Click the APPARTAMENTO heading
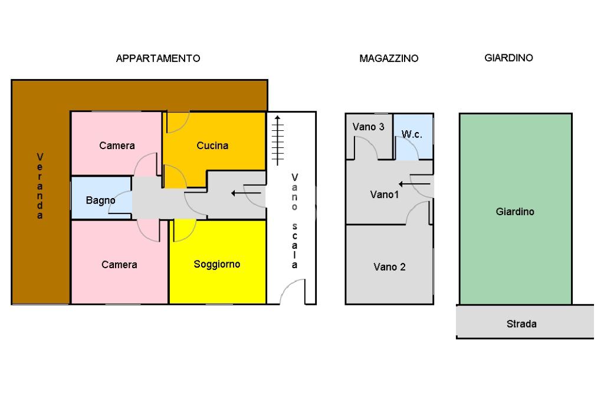tap(158, 58)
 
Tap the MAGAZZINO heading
tap(389, 58)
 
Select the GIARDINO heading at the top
tap(508, 58)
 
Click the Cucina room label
tap(212, 146)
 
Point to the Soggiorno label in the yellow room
tap(217, 264)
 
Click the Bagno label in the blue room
tap(100, 200)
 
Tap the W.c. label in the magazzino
tap(412, 134)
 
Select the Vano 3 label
tap(369, 127)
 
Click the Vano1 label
tap(385, 194)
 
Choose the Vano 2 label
tap(389, 267)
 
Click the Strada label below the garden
tap(521, 324)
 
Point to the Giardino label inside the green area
tap(515, 211)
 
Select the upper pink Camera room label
tap(117, 146)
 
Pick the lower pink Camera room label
tap(119, 265)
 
